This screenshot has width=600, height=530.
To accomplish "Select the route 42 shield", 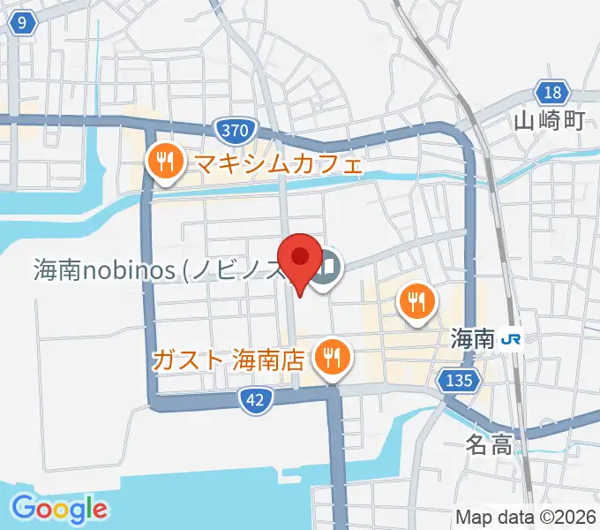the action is (254, 400).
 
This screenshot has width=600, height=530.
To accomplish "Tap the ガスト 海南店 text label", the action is (229, 360).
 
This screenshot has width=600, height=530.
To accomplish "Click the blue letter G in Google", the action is (24, 508).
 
